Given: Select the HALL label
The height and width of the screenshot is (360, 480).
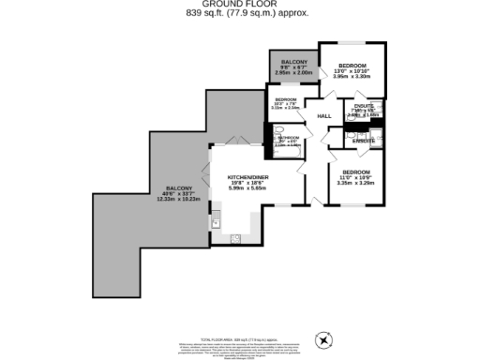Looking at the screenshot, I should click(x=324, y=116).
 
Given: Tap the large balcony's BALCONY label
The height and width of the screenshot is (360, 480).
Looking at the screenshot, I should click(x=173, y=187).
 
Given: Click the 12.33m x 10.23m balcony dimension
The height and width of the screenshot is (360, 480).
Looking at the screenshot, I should click(x=173, y=200).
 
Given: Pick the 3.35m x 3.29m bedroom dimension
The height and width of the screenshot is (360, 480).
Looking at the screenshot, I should click(x=355, y=185).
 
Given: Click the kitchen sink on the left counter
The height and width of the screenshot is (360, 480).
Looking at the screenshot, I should click(x=216, y=222).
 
